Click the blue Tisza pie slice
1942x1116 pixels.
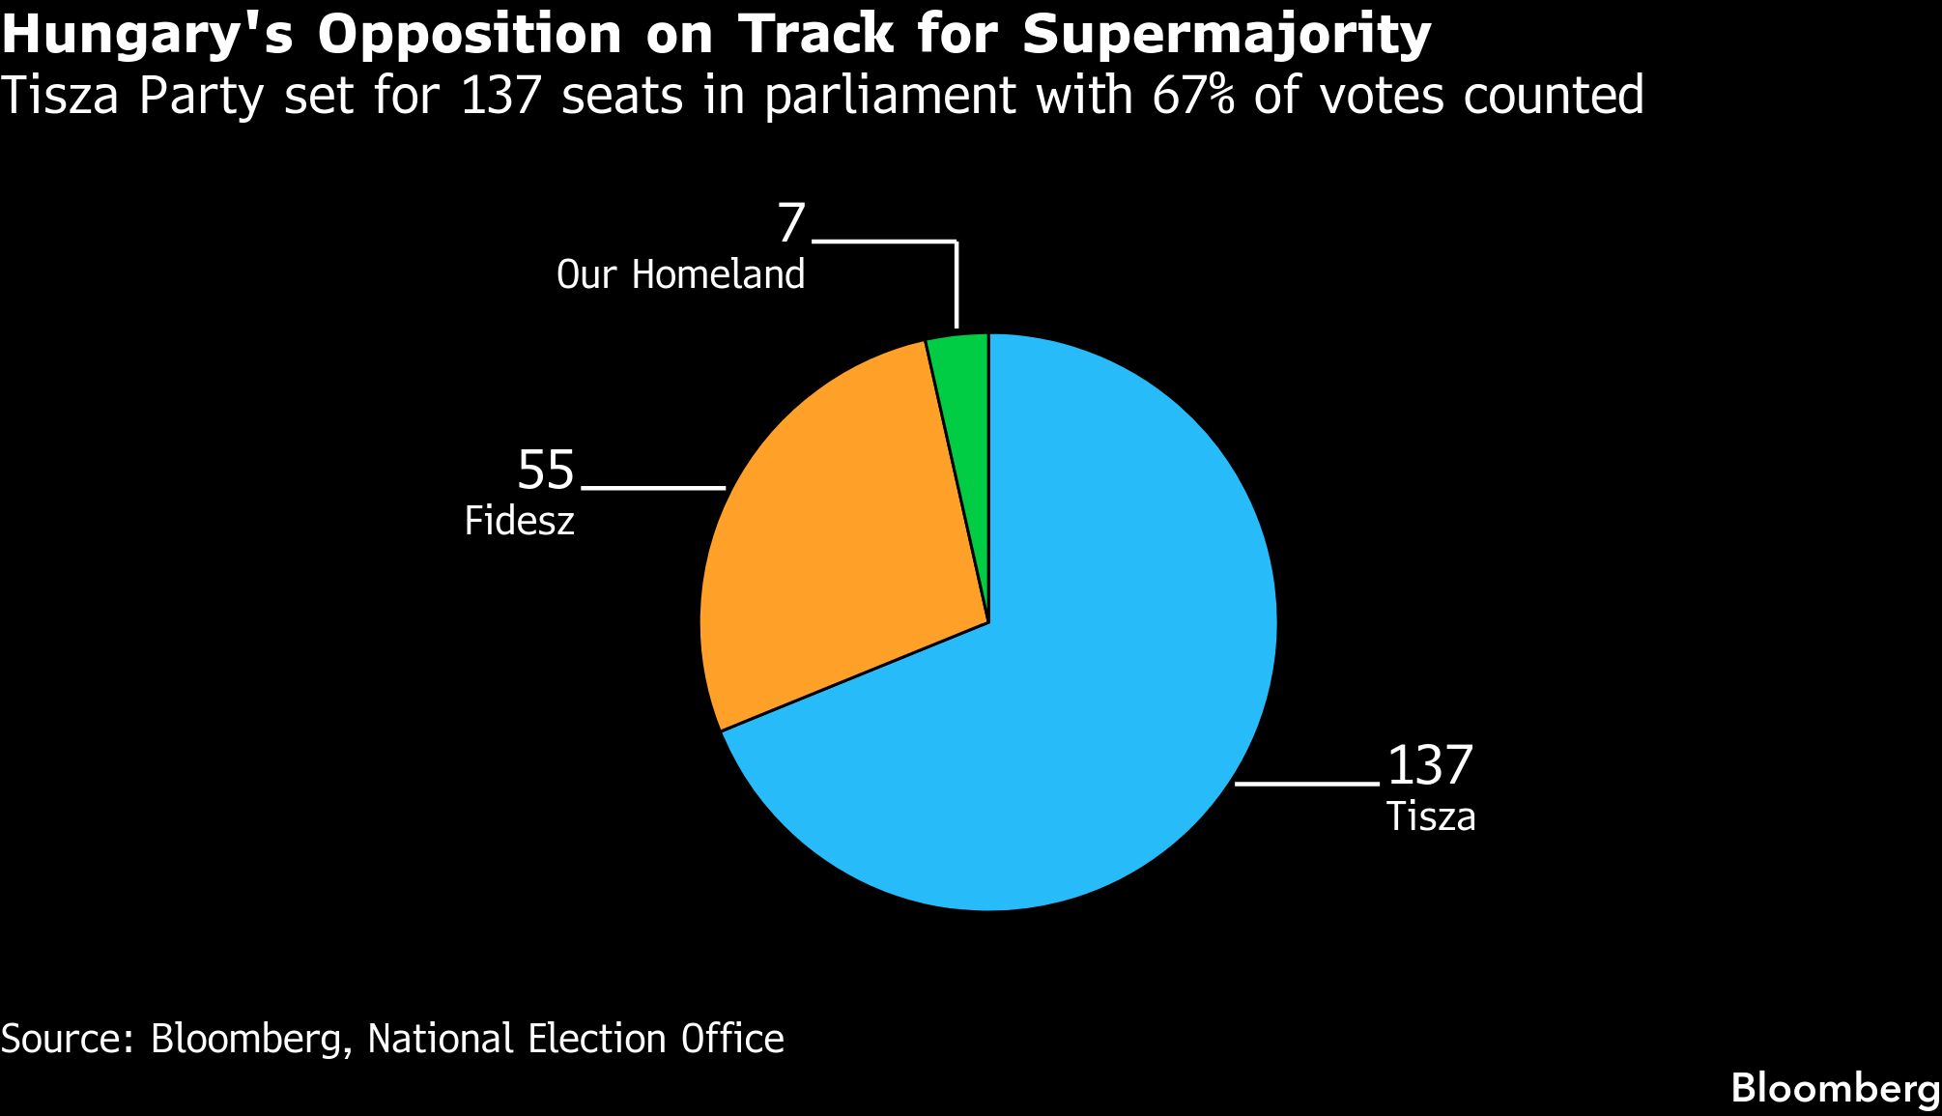coord(1111,676)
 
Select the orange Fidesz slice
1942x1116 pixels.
coord(841,541)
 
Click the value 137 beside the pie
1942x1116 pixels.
coord(1430,765)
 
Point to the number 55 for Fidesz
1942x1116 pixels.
coord(546,471)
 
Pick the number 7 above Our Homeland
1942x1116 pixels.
coord(791,224)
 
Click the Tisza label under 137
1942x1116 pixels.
coord(1431,817)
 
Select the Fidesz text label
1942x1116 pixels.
coord(519,522)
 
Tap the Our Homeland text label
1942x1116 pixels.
coord(680,275)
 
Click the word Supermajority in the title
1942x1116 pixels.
coord(1226,36)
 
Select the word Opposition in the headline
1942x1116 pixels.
coord(470,36)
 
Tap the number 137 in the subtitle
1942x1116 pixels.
coord(500,96)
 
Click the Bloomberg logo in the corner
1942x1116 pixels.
coord(1835,1088)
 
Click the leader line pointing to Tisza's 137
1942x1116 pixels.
coord(1306,784)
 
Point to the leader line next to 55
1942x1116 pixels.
coord(653,488)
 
